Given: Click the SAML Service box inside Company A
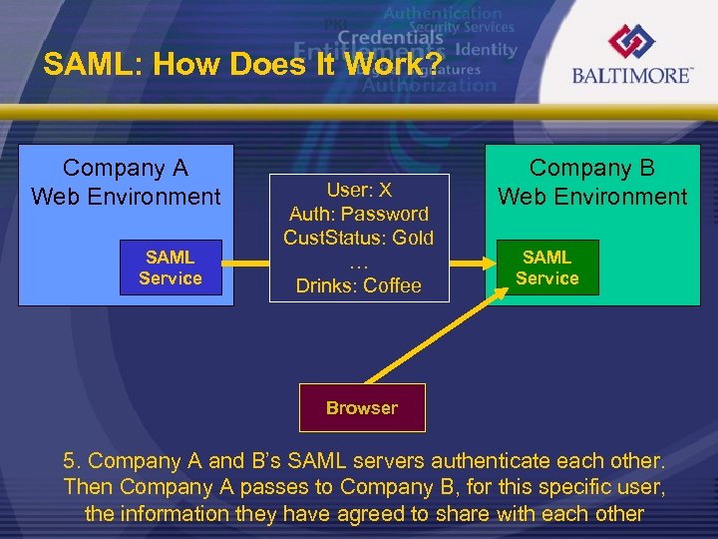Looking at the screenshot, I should coord(170,268).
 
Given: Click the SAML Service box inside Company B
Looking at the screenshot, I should coord(546,268).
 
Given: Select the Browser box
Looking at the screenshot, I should coord(361,407).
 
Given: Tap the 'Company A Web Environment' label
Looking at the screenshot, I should coord(126,182).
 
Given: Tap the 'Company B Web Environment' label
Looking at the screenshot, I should coord(592,182).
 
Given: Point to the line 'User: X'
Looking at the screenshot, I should coord(359,190).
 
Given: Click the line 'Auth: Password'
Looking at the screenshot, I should coord(359,214).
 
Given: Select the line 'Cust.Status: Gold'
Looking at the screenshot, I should coord(359,238).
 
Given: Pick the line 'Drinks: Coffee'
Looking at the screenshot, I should coord(359,285).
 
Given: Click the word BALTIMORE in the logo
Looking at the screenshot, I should coord(632,75).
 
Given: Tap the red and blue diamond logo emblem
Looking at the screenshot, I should coord(633,41).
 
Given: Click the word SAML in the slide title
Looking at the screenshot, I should coord(80,66).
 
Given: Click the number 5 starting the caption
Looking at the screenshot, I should coord(70,461).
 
